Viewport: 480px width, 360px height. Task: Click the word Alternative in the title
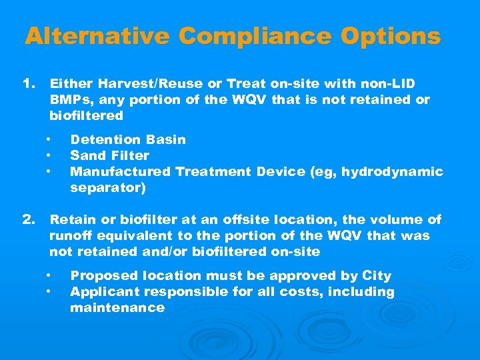pyautogui.click(x=97, y=36)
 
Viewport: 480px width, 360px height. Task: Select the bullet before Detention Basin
pyautogui.click(x=49, y=139)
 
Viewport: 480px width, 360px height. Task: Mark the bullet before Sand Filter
pyautogui.click(x=49, y=155)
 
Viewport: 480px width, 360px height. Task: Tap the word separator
pyautogui.click(x=105, y=187)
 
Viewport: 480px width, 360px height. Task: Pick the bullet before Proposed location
pyautogui.click(x=49, y=275)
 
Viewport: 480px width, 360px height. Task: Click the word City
pyautogui.click(x=377, y=275)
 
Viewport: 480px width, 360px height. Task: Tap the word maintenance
pyautogui.click(x=117, y=307)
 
